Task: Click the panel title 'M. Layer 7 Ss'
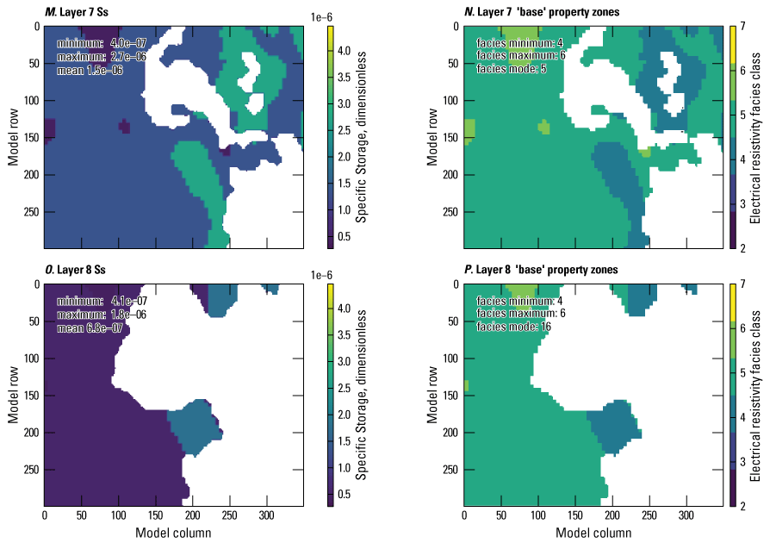[x=78, y=10]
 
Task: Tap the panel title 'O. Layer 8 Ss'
[x=78, y=270]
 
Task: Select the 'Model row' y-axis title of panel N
[x=433, y=137]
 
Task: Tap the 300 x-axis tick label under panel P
[x=686, y=515]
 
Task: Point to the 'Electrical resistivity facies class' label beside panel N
[x=761, y=137]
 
